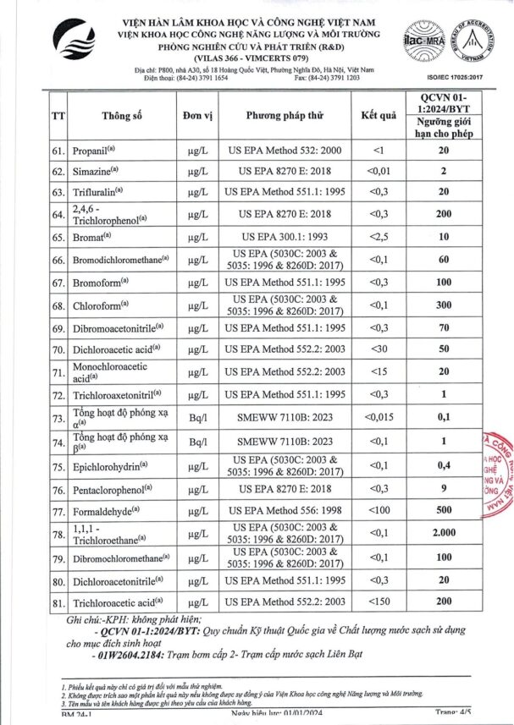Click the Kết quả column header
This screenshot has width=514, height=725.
[x=379, y=117]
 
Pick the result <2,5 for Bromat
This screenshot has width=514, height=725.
[x=378, y=238]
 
